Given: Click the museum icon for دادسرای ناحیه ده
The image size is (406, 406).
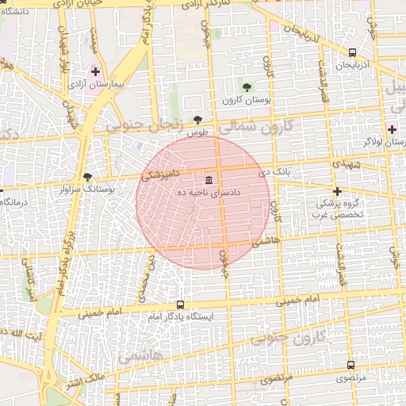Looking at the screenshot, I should pos(209,178).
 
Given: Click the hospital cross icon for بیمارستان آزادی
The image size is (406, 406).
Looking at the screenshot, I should pos(95,71).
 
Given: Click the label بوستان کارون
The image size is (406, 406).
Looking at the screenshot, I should pos(247,101).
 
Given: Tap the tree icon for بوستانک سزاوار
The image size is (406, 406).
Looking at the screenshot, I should pos(87,177).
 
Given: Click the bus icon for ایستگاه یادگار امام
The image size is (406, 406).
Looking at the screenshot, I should pos(180,304).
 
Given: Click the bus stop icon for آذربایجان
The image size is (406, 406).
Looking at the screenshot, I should pos(351,52).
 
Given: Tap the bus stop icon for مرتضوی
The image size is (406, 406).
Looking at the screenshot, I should pos(350,366).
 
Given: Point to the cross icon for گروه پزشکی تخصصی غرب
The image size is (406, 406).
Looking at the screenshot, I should pos(337,191).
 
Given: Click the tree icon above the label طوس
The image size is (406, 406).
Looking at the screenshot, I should pos(197,121).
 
